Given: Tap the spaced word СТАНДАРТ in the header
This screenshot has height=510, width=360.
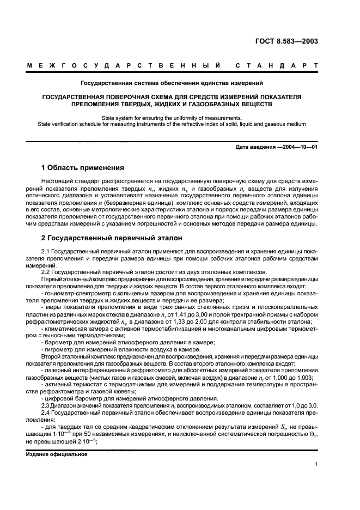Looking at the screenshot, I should pos(277,66).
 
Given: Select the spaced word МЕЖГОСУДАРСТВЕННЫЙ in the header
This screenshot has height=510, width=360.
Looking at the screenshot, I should pos(124,66).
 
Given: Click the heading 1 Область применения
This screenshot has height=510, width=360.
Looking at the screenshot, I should pos(83,167).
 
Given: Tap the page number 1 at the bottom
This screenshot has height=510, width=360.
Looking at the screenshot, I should pos(316,464).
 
